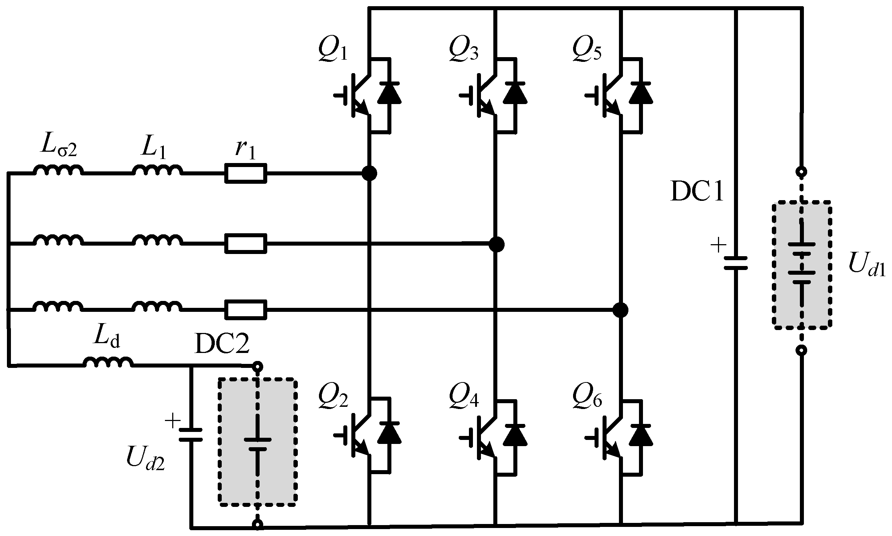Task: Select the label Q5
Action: point(587,50)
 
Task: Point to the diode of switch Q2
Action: point(389,433)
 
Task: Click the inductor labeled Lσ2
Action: point(58,171)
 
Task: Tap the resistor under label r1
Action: point(246,173)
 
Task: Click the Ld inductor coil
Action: point(108,362)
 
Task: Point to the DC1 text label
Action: point(696,193)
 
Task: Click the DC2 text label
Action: point(222,344)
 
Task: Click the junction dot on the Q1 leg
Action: point(370,173)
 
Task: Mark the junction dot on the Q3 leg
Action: point(496,244)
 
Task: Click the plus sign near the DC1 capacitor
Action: point(718,246)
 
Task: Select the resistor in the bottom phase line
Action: point(246,309)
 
